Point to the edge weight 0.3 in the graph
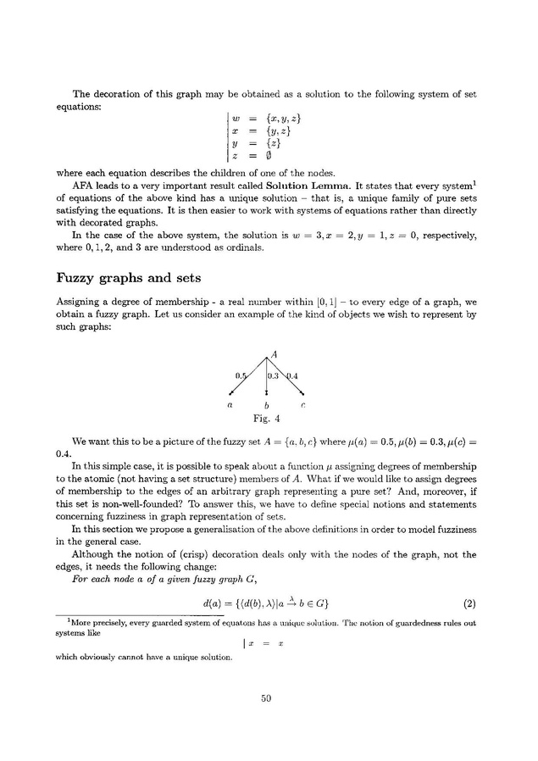point(274,375)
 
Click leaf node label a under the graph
point(231,405)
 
